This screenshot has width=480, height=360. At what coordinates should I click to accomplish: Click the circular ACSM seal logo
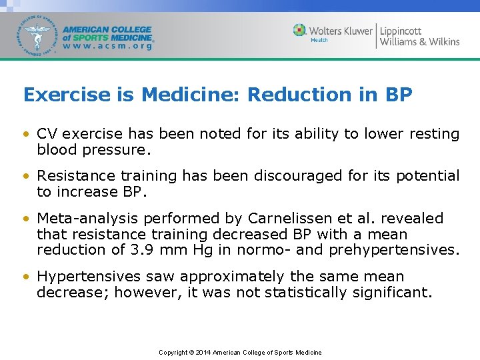(x=39, y=35)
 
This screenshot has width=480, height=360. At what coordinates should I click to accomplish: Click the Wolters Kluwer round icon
(x=300, y=31)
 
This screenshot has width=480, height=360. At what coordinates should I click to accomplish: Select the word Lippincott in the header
(x=401, y=31)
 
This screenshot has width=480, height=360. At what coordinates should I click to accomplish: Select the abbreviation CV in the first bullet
(x=47, y=134)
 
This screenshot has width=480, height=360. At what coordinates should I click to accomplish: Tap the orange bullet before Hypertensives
(x=27, y=277)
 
